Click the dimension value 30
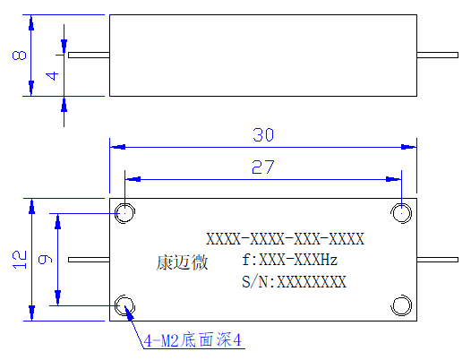[x=263, y=135]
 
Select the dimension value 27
[x=263, y=167]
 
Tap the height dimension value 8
[x=19, y=56]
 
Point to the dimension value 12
[x=19, y=260]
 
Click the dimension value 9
[x=46, y=259]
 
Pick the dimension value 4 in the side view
[x=52, y=76]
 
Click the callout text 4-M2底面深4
[x=193, y=340]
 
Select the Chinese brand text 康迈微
[x=182, y=262]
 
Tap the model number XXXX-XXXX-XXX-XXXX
[x=285, y=239]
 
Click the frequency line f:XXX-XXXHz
[x=290, y=260]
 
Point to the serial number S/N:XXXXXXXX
[x=294, y=281]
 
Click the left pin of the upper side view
[x=89, y=55]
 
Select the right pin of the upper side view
[x=437, y=55]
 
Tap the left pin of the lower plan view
[x=89, y=260]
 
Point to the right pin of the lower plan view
[x=437, y=260]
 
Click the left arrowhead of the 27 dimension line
[x=133, y=179]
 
